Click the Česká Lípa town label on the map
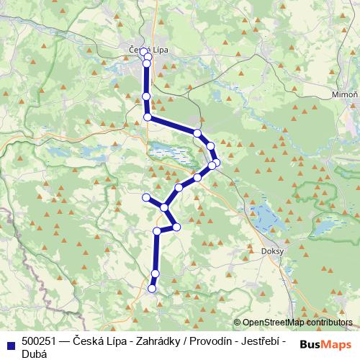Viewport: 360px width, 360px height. (148, 49)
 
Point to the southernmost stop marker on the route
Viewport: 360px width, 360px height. (152, 289)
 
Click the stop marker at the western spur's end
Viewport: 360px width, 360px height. (146, 197)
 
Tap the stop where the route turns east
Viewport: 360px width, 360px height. (148, 117)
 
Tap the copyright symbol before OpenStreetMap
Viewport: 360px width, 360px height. (237, 323)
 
